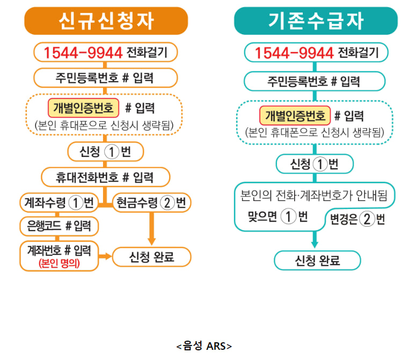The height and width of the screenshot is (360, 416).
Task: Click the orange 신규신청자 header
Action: coord(106,21)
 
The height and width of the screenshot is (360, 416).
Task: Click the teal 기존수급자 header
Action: coord(316,21)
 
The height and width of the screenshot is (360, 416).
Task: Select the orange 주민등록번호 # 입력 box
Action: coord(105,78)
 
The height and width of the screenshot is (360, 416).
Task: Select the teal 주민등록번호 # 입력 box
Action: coord(315,82)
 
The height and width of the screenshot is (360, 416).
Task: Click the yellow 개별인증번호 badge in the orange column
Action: coord(83,108)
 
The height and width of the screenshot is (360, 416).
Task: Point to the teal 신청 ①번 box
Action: coord(315,164)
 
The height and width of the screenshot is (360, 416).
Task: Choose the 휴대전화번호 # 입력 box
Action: coord(105,177)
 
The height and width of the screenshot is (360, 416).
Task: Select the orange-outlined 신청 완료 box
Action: coord(152,257)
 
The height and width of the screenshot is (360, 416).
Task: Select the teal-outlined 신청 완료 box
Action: coord(317,261)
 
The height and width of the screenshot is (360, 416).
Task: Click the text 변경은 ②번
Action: coord(357,219)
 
